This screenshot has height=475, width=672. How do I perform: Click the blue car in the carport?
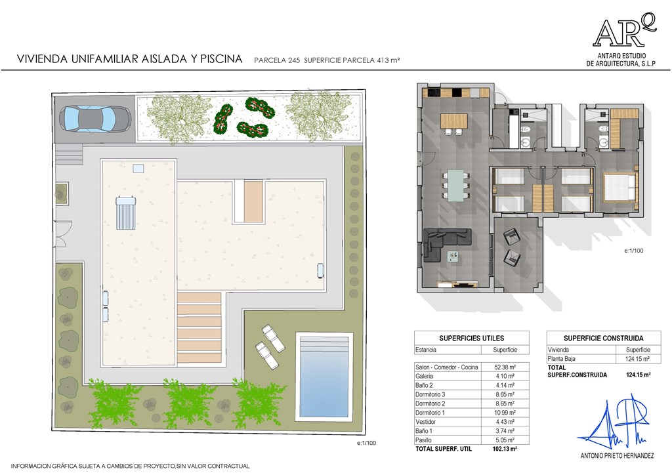tap(94, 118)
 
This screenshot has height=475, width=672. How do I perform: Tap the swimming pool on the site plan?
tap(324, 377)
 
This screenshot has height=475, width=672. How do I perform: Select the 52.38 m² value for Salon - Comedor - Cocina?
tap(505, 367)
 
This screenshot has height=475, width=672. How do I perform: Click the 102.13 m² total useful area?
tap(505, 449)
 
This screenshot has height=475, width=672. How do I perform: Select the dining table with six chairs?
tap(455, 185)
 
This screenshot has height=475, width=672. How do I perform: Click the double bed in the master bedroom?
tap(620, 187)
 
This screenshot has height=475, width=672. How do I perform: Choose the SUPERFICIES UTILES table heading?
tap(471, 338)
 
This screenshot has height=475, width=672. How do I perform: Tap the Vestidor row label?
tap(425, 422)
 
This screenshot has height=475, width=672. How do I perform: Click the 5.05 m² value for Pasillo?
tap(505, 440)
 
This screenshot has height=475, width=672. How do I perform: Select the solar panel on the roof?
tap(126, 213)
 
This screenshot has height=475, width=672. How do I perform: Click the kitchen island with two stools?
tap(454, 123)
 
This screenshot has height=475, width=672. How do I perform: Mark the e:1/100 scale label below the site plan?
tap(366, 443)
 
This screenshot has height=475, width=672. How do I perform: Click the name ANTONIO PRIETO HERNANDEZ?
tap(617, 456)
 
